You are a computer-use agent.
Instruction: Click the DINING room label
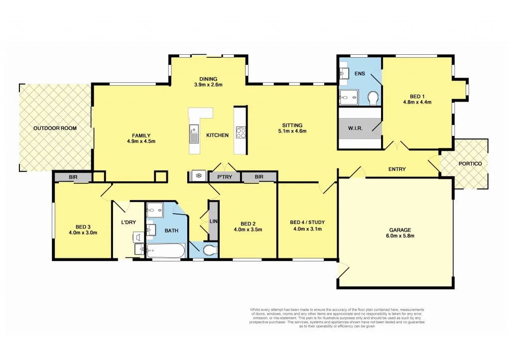tap(208, 79)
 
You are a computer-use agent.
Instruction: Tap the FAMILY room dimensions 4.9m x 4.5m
tap(141, 141)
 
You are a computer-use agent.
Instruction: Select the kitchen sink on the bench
tap(194, 134)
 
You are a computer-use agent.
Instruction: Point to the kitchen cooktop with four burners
tap(240, 132)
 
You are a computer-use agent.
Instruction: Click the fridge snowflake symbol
tap(198, 176)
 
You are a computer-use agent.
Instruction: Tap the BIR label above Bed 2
tap(258, 176)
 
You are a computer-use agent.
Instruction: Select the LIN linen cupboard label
tap(213, 221)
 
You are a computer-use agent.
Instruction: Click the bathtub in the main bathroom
tap(166, 250)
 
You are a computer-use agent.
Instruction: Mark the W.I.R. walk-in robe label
tap(355, 128)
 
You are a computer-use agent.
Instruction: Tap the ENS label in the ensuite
tap(360, 74)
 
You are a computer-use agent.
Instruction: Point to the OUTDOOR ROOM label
tap(55, 128)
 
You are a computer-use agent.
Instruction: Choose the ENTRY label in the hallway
tap(397, 169)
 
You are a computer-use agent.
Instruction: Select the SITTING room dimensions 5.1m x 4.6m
tap(292, 131)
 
